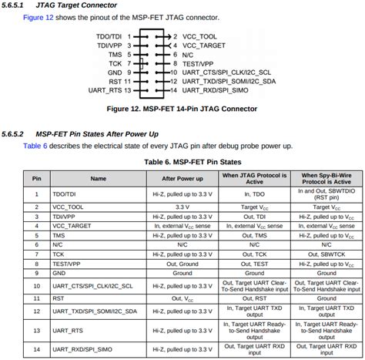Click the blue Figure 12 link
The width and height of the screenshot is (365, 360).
click(38, 18)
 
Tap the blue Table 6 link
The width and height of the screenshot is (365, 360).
click(35, 146)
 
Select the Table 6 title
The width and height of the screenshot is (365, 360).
click(182, 162)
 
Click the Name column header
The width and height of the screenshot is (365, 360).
click(99, 178)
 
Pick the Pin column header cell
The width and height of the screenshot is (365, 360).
click(36, 178)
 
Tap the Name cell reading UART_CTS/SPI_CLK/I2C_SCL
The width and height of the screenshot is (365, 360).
click(99, 287)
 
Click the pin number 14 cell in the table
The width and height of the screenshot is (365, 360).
click(36, 351)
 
